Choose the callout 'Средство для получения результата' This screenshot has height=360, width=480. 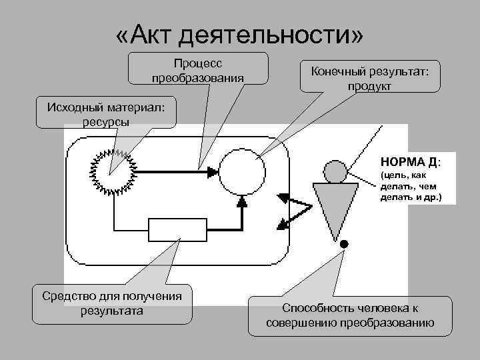111,304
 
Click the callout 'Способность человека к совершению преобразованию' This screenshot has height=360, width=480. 350,315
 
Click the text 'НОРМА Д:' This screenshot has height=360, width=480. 409,162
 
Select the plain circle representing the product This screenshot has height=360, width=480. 241,171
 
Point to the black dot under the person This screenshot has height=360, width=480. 344,245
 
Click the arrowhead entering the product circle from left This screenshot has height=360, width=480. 212,172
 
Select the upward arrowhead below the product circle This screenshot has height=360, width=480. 241,202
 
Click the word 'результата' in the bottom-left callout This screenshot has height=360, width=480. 111,311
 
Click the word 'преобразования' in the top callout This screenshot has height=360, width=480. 197,78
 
